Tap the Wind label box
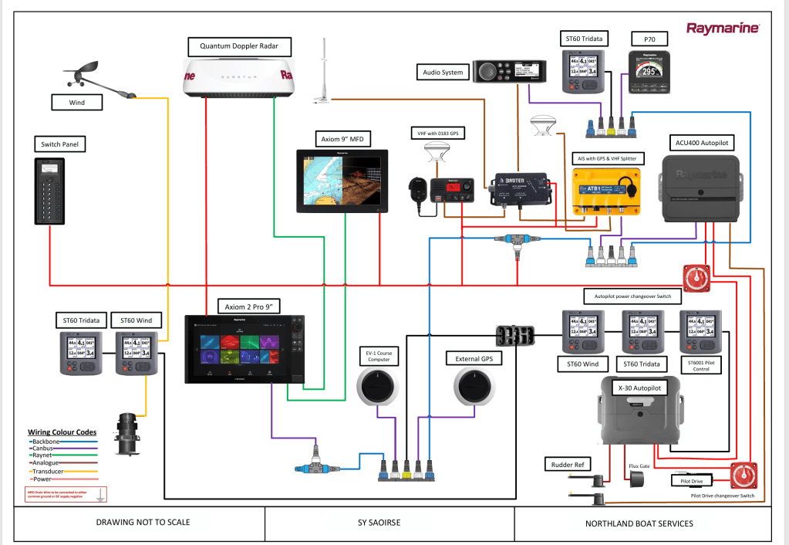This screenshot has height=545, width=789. [77, 101]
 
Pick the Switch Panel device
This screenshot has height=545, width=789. [50, 190]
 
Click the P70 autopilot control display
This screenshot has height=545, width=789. [650, 73]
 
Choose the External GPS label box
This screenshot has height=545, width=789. [474, 358]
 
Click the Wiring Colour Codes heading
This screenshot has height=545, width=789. [62, 432]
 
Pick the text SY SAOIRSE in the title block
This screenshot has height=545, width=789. [389, 523]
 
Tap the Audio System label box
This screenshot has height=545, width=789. [443, 73]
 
